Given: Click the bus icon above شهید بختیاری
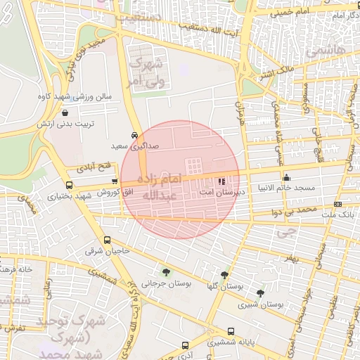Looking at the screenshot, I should [x=68, y=185].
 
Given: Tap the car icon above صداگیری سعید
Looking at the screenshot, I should [x=134, y=136].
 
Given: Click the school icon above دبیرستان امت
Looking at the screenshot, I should [x=222, y=181].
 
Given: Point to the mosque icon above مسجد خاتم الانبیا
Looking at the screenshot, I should [x=285, y=177].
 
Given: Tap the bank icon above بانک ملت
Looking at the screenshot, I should [x=338, y=205].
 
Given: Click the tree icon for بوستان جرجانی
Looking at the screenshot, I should [x=165, y=273].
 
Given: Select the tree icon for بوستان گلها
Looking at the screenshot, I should [x=224, y=276].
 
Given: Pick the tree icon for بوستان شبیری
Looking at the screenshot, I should [x=261, y=293].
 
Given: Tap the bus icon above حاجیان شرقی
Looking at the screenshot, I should [x=106, y=240].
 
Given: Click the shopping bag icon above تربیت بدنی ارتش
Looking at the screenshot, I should [x=65, y=112].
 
